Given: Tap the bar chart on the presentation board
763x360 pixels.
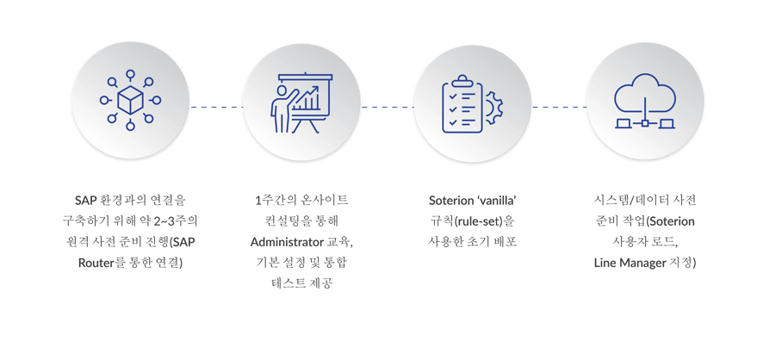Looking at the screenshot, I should tap(310, 102).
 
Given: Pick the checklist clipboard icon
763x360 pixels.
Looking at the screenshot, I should tap(462, 104).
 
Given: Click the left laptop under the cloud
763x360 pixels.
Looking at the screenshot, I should tap(622, 122).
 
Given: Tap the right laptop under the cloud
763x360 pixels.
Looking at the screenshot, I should tap(667, 122).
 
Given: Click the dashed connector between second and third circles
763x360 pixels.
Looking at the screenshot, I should tap(387, 107).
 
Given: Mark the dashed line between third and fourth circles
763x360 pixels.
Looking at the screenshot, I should tap(558, 107).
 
